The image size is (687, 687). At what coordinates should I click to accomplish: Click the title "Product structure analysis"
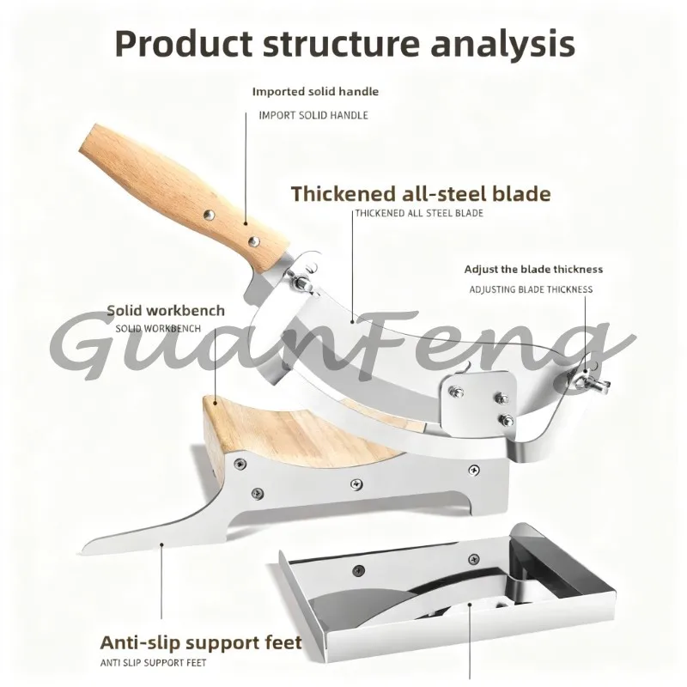tap(345, 44)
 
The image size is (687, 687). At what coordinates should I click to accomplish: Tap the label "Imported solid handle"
tap(315, 92)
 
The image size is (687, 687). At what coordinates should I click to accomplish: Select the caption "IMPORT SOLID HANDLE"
tap(313, 115)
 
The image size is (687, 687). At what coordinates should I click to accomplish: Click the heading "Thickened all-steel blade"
tap(421, 194)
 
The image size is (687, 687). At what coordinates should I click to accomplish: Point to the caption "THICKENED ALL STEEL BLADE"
tap(419, 213)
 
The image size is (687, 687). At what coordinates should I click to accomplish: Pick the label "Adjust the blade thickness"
tap(533, 269)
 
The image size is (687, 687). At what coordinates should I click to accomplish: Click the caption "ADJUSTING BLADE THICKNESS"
tap(531, 289)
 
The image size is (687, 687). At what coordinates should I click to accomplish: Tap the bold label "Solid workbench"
tap(166, 311)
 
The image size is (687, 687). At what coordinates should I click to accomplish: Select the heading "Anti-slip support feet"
tap(201, 642)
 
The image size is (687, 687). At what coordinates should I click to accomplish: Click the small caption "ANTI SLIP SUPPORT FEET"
tap(154, 663)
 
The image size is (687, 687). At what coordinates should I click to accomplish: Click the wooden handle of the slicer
tap(184, 197)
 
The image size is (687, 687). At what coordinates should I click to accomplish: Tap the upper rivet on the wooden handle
tap(209, 215)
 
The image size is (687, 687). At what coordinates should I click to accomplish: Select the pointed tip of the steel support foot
tap(82, 551)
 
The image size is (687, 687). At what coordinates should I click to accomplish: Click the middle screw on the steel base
tap(356, 484)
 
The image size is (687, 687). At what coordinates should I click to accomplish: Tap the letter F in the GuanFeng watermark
tap(376, 346)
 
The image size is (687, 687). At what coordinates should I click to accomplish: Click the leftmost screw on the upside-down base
tap(358, 570)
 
